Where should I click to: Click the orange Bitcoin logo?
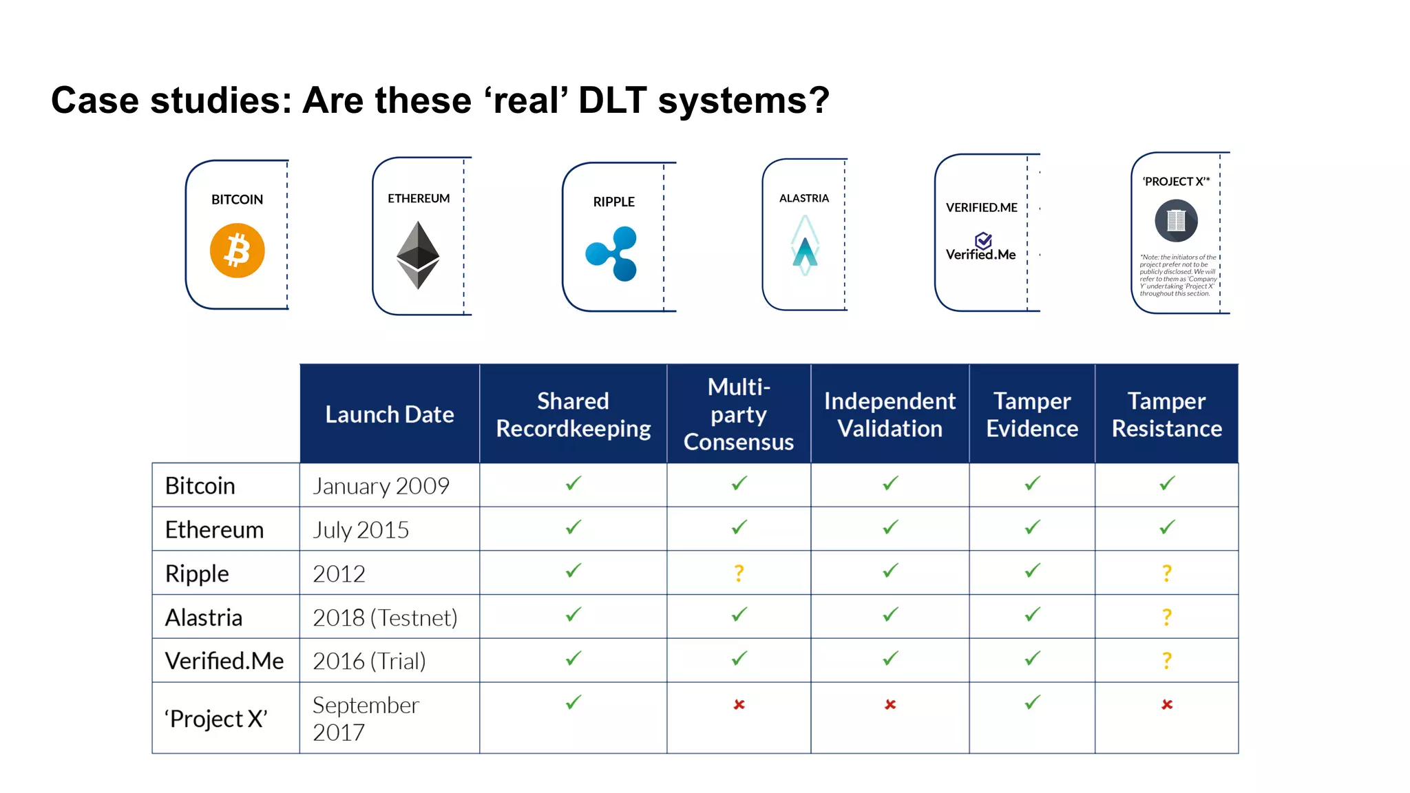point(237,251)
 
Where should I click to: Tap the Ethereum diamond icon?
point(418,255)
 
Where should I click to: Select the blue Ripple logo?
point(612,253)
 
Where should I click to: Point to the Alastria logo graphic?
point(804,246)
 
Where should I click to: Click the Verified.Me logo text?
point(980,254)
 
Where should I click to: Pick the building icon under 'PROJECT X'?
point(1176,221)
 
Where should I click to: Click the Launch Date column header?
point(390,414)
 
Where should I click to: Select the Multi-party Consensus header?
point(739,414)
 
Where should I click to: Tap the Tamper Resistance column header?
point(1166,414)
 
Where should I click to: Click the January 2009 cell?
point(381,486)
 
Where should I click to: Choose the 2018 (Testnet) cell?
point(385,617)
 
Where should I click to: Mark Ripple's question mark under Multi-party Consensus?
point(739,573)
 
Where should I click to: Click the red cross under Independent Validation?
point(890,704)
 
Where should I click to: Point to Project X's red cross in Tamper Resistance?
point(1166,704)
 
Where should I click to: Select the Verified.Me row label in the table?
point(224,661)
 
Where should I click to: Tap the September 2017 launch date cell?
point(366,718)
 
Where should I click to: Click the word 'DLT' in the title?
point(612,101)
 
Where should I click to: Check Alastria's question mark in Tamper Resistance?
point(1166,617)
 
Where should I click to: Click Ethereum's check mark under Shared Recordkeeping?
point(574,528)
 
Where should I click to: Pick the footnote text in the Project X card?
point(1177,275)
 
